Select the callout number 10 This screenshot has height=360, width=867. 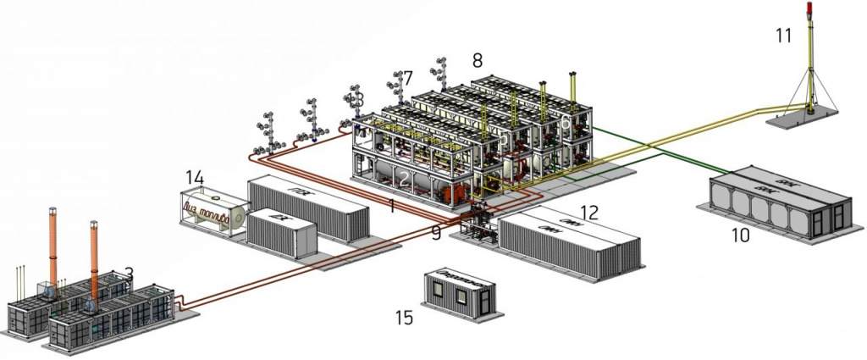click(739, 234)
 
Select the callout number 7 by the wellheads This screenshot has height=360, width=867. click(408, 78)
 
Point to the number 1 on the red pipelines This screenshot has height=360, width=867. click(391, 206)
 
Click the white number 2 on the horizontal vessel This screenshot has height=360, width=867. click(406, 179)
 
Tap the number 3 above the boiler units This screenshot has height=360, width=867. click(129, 273)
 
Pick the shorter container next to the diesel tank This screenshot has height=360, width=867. click(279, 230)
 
